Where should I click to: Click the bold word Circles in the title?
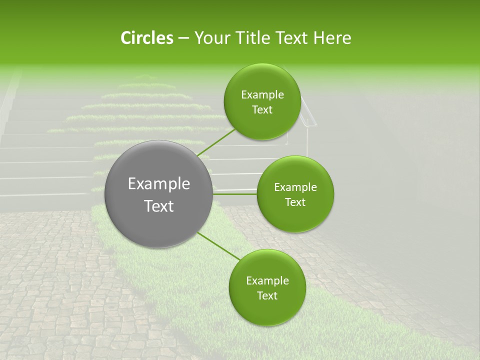[146, 38]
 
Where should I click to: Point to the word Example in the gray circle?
[159, 184]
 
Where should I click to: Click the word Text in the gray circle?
[159, 206]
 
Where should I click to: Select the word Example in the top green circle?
[262, 95]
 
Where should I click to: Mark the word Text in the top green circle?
[262, 110]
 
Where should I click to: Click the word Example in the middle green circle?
[295, 187]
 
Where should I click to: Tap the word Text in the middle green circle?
[295, 202]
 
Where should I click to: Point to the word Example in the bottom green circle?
[267, 281]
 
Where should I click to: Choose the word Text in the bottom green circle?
[267, 296]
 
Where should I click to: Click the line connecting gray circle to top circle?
[216, 142]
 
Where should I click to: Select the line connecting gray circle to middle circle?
[235, 193]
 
